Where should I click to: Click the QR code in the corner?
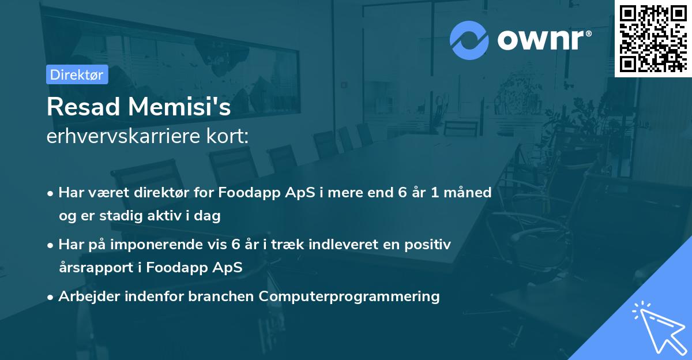point(653,38)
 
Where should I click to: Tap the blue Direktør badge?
point(77,74)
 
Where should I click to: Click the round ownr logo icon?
point(469,40)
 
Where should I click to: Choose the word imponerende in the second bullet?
point(156,245)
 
